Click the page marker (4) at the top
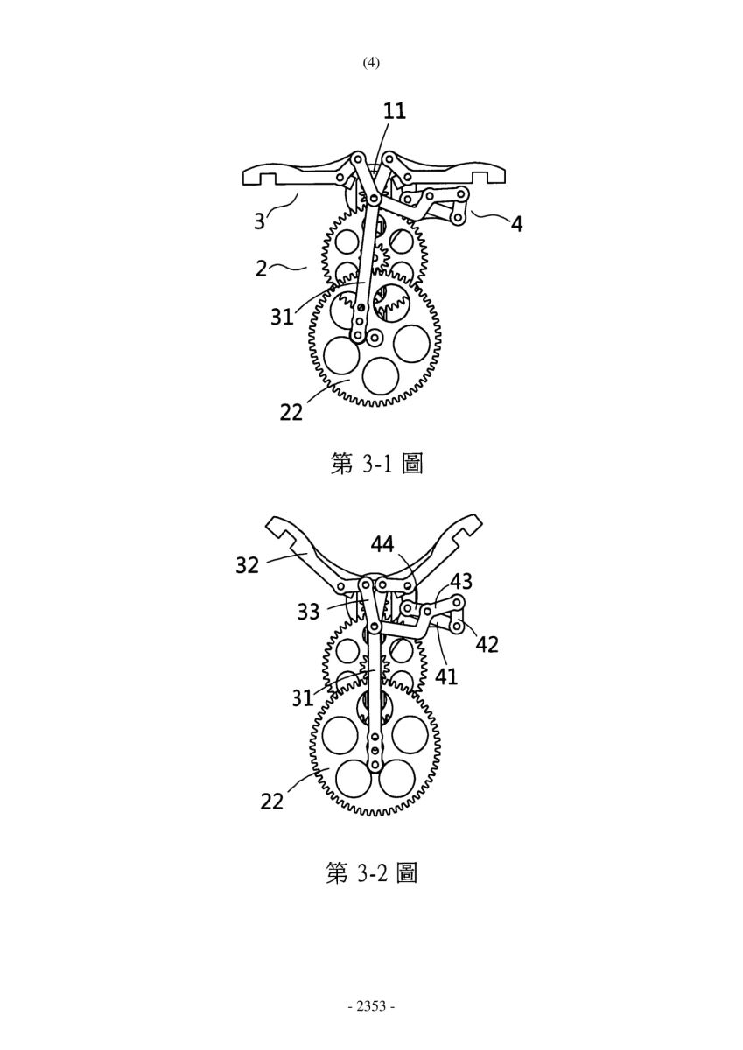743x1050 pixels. click(x=371, y=63)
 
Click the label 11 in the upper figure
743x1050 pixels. click(x=394, y=112)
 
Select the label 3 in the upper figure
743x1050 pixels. click(x=260, y=221)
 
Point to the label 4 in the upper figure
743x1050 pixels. click(x=516, y=225)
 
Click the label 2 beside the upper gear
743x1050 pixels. click(x=262, y=269)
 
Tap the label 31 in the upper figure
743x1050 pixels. click(x=282, y=318)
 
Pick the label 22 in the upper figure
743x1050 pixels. click(x=291, y=412)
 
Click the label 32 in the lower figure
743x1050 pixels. click(x=247, y=566)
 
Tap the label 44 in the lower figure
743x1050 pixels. click(x=382, y=544)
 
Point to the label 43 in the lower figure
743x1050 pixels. click(x=461, y=582)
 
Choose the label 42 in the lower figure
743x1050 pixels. click(x=487, y=645)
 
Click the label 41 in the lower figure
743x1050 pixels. click(x=446, y=676)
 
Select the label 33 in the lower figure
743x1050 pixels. click(x=308, y=612)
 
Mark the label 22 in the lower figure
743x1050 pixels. click(x=272, y=801)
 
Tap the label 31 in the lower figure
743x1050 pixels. click(x=302, y=698)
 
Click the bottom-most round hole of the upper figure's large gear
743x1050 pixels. click(x=381, y=375)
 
